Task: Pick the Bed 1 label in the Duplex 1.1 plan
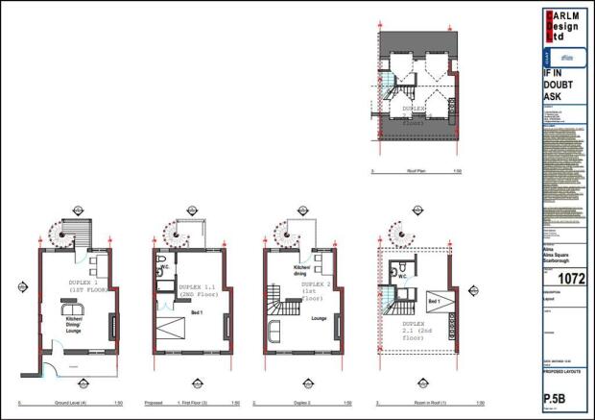[197, 314]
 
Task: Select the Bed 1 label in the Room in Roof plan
[434, 302]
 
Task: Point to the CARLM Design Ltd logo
[564, 27]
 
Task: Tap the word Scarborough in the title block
[558, 261]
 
